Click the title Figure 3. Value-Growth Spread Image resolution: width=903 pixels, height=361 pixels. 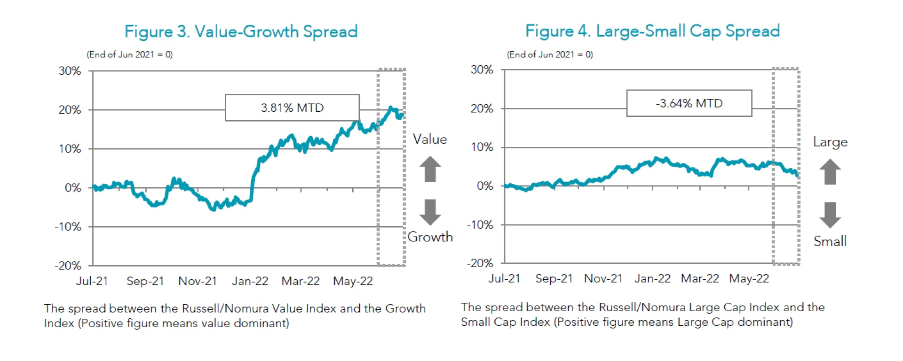pyautogui.click(x=241, y=31)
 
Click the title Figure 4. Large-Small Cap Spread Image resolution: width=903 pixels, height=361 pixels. pyautogui.click(x=652, y=31)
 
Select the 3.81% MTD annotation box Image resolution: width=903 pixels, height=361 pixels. pyautogui.click(x=292, y=108)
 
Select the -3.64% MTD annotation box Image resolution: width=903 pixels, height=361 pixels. pyautogui.click(x=689, y=103)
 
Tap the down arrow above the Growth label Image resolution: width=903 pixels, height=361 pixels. pyautogui.click(x=430, y=212)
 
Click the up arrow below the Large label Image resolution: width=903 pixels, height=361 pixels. pyautogui.click(x=830, y=171)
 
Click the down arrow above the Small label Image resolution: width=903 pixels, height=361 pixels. pyautogui.click(x=830, y=215)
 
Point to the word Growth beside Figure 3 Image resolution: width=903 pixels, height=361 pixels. pyautogui.click(x=430, y=237)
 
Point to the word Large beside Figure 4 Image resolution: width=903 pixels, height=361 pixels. pyautogui.click(x=830, y=142)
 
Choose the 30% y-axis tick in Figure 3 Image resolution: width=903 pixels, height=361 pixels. pyautogui.click(x=70, y=71)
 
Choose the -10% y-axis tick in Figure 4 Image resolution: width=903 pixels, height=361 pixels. pyautogui.click(x=480, y=225)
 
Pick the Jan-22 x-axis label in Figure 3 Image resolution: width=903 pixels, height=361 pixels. pyautogui.click(x=250, y=281)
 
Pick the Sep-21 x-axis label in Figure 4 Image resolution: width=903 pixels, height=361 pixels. pyautogui.click(x=554, y=278)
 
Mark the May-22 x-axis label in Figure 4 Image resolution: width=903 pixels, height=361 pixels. pyautogui.click(x=749, y=278)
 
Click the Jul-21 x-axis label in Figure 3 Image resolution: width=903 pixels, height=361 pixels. pyautogui.click(x=92, y=281)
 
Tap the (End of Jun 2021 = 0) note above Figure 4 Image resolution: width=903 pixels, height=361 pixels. pyautogui.click(x=549, y=54)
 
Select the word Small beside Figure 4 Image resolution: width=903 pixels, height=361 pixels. pyautogui.click(x=830, y=241)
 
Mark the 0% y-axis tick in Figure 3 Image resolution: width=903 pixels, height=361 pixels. pyautogui.click(x=73, y=188)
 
